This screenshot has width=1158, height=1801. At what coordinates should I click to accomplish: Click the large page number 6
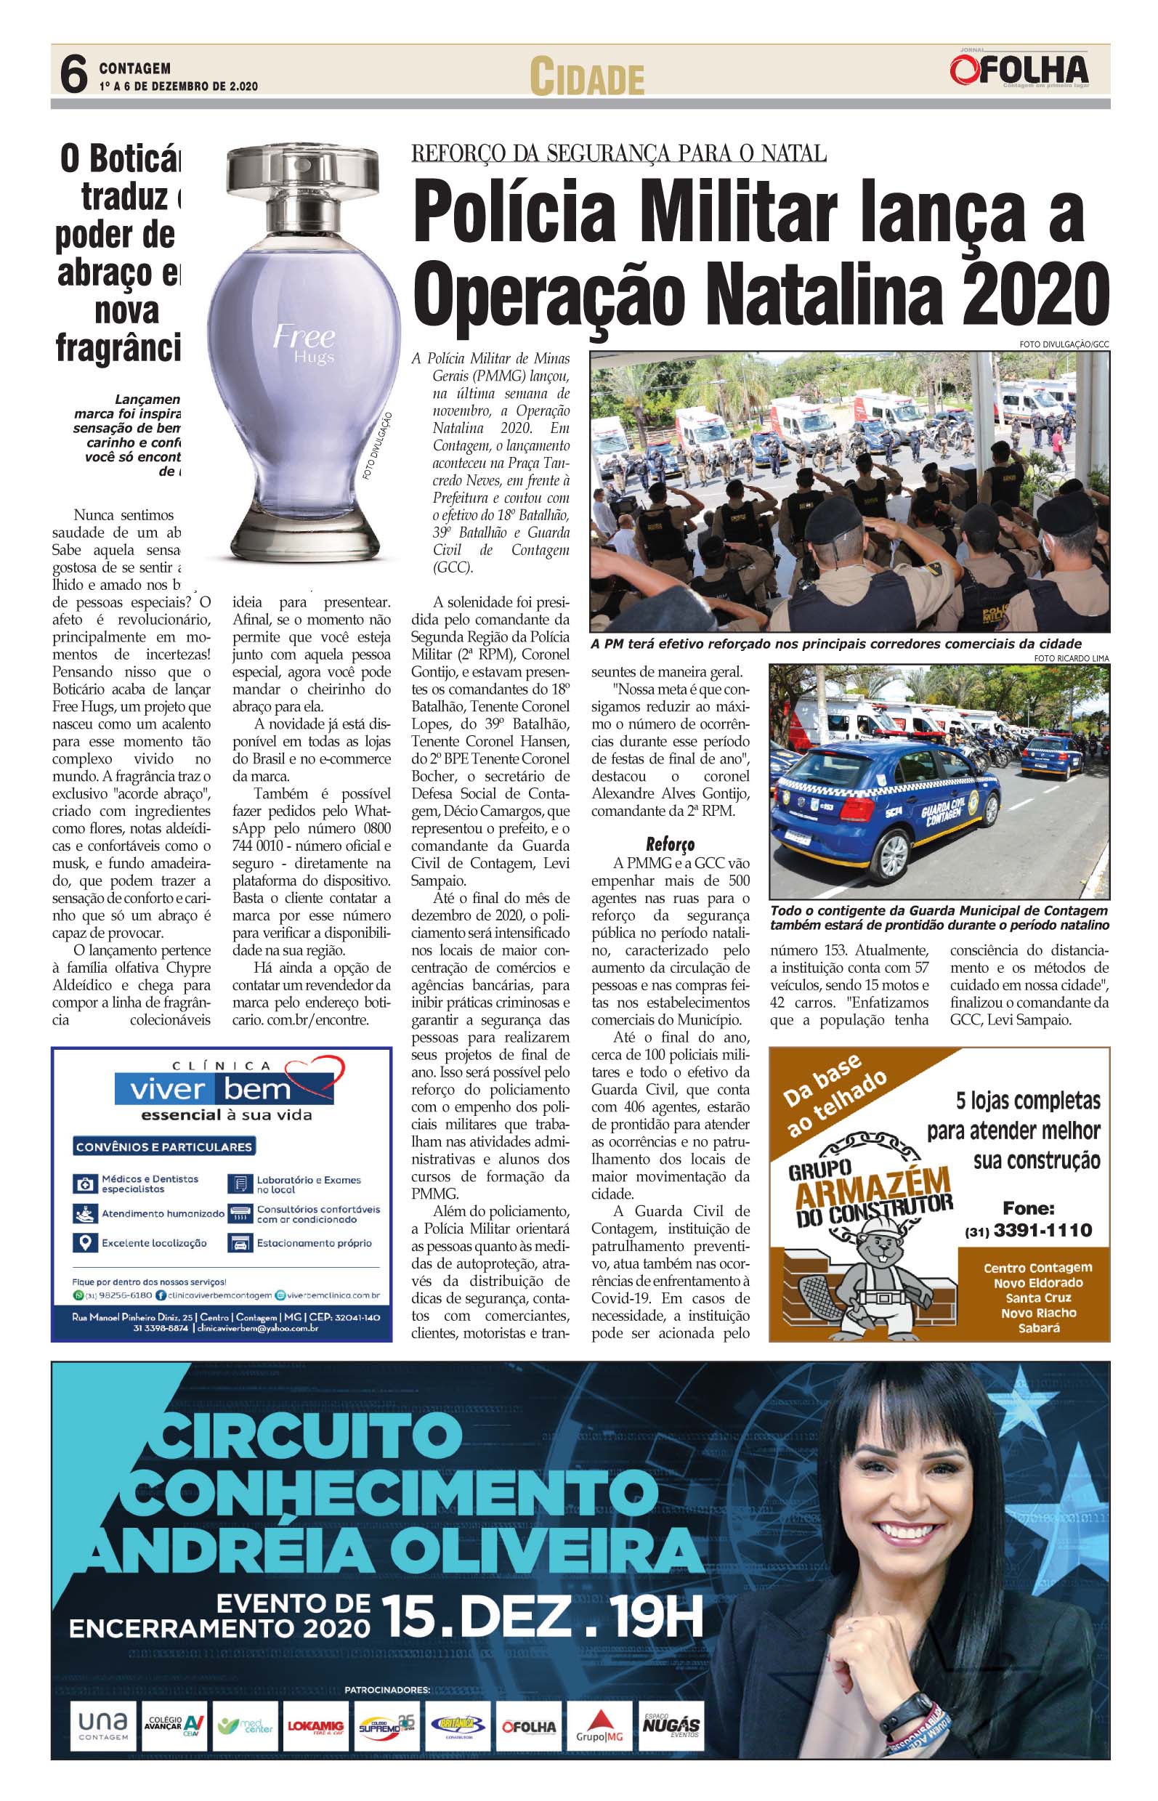[73, 76]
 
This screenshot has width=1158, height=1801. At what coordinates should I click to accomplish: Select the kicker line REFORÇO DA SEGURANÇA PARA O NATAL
[618, 153]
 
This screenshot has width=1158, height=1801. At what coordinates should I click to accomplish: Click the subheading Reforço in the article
[670, 843]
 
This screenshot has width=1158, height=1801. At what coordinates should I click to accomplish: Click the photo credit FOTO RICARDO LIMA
[1071, 658]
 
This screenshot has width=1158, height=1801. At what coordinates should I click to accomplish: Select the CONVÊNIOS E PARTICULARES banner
[164, 1146]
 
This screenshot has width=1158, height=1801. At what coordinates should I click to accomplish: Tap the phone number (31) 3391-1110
[1028, 1230]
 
